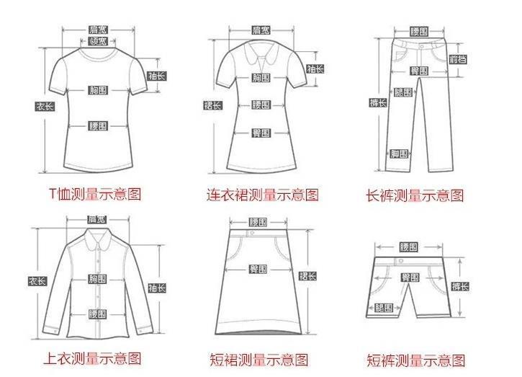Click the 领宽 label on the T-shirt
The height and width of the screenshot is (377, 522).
point(98,42)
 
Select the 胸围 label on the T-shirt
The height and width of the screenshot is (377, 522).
point(98,90)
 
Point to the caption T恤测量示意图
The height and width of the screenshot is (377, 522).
point(94,193)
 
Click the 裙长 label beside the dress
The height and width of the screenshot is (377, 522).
point(213,106)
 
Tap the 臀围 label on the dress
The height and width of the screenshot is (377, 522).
point(261,133)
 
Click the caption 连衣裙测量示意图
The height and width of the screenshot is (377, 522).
point(262,195)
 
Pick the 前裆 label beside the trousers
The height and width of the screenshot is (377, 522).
point(457,59)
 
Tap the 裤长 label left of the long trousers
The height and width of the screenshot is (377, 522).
point(377,102)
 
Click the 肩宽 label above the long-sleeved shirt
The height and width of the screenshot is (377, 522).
point(96,219)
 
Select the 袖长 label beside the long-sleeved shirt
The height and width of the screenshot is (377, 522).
point(157,288)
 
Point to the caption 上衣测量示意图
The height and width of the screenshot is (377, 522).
point(94,358)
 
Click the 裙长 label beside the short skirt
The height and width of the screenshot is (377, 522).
point(307,276)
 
